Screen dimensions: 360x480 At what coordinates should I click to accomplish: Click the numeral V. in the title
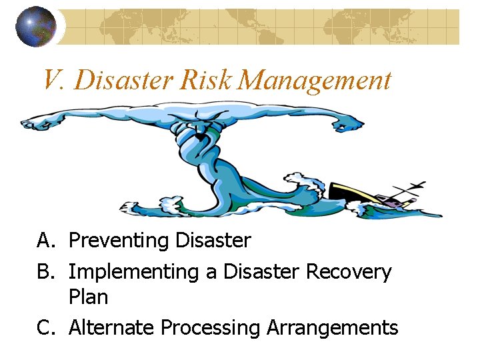(53, 81)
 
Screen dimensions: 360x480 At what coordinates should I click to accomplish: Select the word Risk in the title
(207, 81)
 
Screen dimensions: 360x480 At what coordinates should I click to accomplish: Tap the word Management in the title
(315, 81)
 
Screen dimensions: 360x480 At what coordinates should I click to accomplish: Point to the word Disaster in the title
(125, 81)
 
